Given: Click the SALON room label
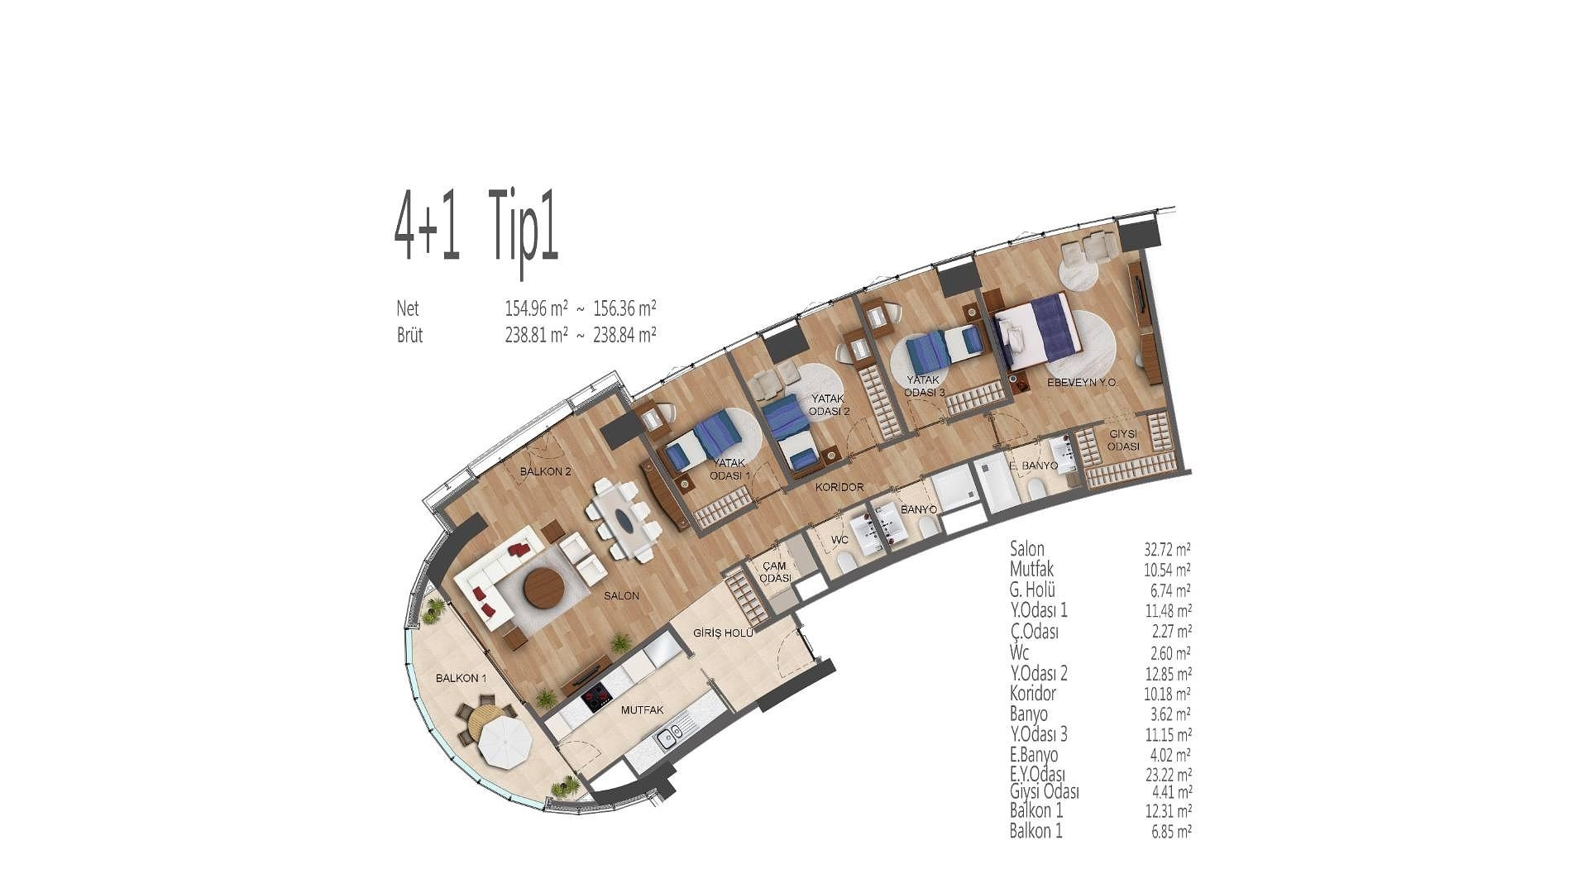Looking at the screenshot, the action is pos(621,595).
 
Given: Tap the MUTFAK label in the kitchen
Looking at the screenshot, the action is pos(643,710).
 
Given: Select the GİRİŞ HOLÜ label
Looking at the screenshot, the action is pos(723,633).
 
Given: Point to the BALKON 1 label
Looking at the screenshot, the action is pos(461,678).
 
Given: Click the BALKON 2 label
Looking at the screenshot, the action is pos(546,472).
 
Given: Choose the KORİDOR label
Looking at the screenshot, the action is pos(839,488).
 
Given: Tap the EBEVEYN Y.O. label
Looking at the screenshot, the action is pos(1083,384).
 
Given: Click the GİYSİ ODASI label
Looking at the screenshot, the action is pos(1124,440).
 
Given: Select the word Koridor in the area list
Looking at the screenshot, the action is pos(1033,694).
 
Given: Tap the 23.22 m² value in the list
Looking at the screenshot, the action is pos(1167,776).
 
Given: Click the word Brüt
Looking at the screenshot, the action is pos(409,336).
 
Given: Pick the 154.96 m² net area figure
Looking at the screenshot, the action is pos(536,308).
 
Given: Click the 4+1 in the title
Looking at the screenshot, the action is pos(427,226).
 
